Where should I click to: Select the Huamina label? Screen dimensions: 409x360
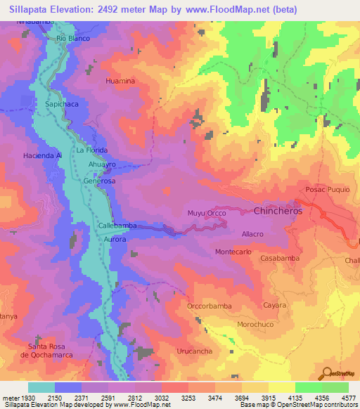[120, 82]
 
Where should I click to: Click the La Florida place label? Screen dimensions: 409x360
[91, 150]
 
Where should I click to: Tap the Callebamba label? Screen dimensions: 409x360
[117, 226]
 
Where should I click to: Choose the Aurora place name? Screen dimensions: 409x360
[115, 240]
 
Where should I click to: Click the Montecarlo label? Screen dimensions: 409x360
[233, 252]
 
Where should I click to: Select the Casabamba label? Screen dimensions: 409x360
[280, 259]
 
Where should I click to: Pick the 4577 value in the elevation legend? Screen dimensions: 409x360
[348, 398]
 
